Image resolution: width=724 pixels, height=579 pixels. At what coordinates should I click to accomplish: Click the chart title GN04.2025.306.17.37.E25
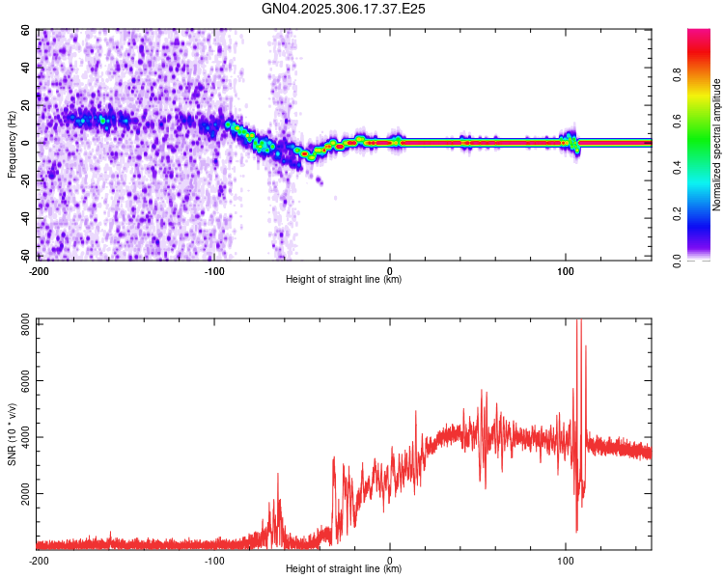345,9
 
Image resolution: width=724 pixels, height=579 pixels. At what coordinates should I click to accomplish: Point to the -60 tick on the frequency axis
27,256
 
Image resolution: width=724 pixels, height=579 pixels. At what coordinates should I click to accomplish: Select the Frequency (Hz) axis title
12,144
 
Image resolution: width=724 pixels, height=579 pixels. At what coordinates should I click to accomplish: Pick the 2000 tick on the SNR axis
22,493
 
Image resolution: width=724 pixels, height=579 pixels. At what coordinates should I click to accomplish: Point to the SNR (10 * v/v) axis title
12,434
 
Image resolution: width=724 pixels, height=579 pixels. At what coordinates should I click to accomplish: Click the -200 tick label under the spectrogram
39,270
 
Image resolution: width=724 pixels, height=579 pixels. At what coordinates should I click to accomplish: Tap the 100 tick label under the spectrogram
565,270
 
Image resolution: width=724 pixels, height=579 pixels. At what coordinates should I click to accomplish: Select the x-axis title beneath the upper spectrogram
344,280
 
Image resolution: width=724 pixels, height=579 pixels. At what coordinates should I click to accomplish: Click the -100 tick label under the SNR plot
214,560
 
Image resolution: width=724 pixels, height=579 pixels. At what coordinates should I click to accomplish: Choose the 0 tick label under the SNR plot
390,560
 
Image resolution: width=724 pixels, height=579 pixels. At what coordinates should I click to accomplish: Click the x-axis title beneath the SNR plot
344,569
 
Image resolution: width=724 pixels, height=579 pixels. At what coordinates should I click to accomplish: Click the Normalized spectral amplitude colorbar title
717,145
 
